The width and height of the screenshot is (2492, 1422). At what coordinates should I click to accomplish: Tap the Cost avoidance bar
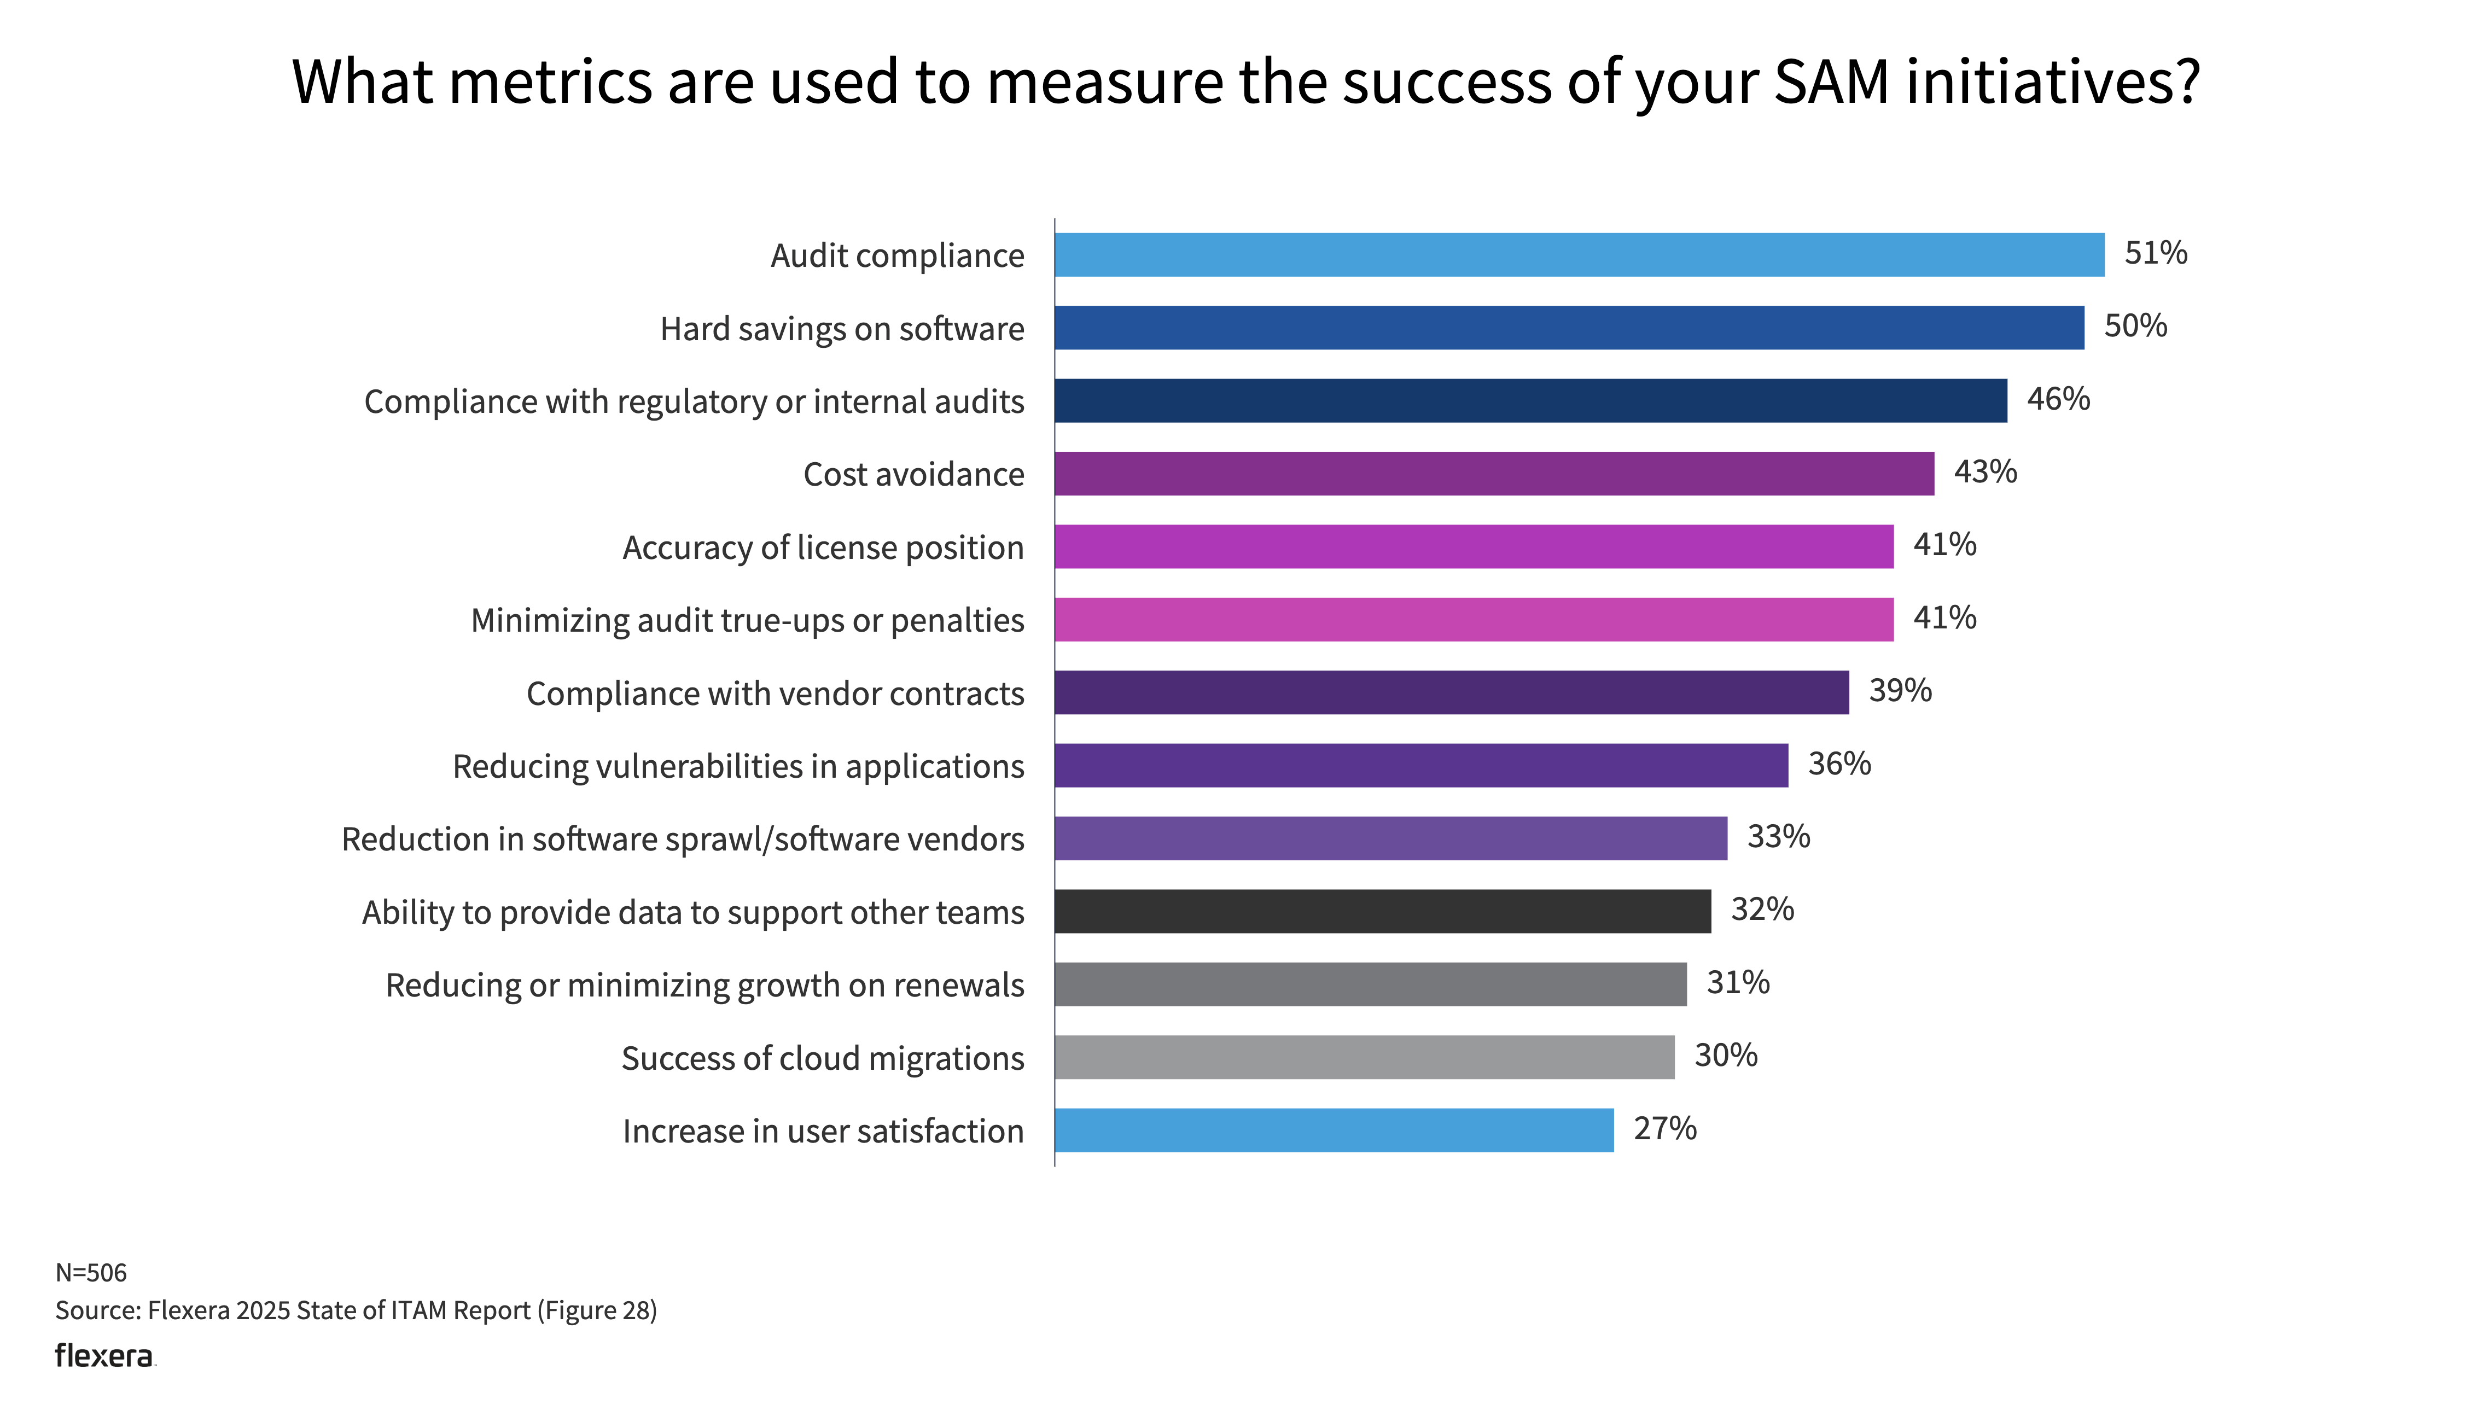(x=1493, y=474)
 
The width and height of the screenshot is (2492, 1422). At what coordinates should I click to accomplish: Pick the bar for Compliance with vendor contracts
(x=1451, y=692)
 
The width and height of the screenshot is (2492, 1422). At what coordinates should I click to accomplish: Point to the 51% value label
(x=2155, y=253)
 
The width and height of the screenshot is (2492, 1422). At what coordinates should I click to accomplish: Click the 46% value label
(x=2058, y=399)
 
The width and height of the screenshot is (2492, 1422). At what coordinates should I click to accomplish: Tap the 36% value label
(x=1839, y=764)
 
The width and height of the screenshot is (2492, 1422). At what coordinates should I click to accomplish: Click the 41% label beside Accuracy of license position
(x=1944, y=544)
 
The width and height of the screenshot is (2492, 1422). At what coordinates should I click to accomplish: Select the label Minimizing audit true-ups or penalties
(x=747, y=620)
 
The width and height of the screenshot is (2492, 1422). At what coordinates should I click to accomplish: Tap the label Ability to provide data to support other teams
(x=692, y=912)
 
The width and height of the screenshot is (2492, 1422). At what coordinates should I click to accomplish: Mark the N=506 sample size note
(x=91, y=1273)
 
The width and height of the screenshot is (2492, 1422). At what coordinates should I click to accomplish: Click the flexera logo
(x=104, y=1356)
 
